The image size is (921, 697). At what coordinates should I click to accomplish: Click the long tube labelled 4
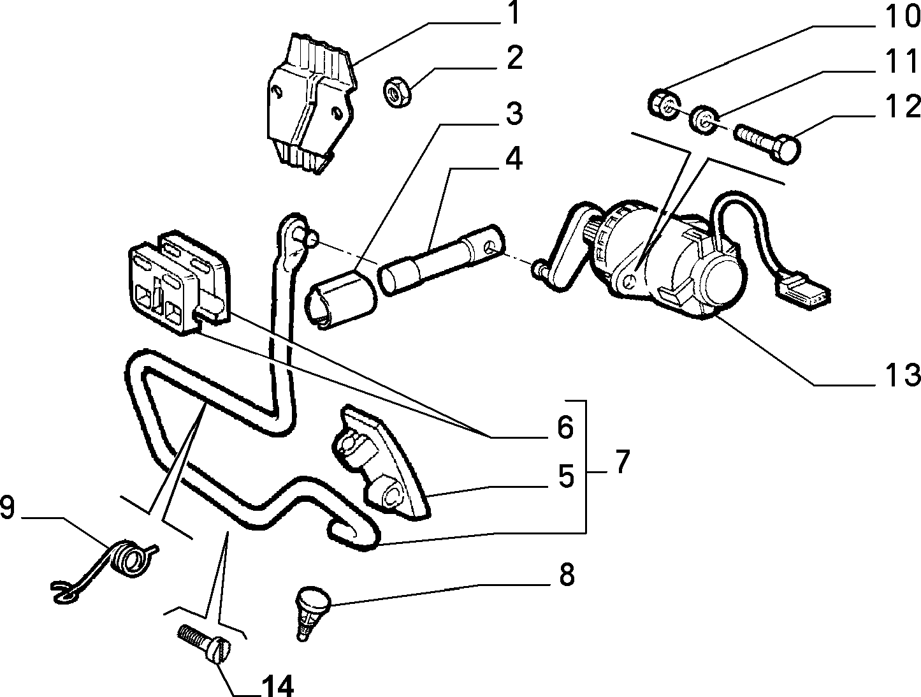tap(442, 261)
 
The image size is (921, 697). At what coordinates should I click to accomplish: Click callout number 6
tap(565, 427)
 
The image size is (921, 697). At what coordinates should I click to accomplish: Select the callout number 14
tap(277, 685)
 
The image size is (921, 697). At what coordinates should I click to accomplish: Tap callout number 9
tap(7, 508)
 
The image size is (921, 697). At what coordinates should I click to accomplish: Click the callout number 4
tap(514, 159)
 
